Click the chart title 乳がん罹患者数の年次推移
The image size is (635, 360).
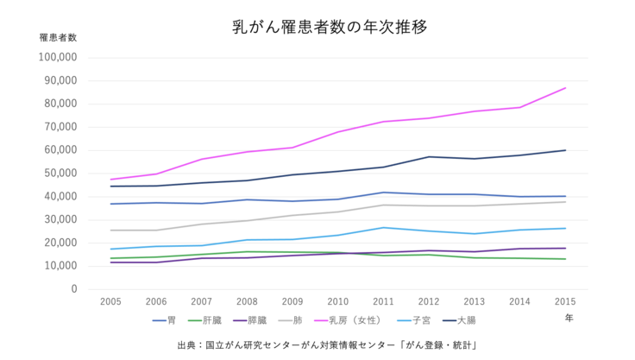[317, 26]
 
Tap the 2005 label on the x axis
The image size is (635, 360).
[110, 301]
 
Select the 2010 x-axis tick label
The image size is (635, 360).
[337, 301]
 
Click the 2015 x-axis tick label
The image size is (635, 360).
[564, 301]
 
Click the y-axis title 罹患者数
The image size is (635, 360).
[58, 38]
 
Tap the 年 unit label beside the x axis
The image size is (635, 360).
[569, 318]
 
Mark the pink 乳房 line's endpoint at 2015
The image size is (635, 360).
[565, 88]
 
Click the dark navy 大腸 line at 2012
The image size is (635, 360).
[429, 157]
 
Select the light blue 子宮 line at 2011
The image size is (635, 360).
[383, 228]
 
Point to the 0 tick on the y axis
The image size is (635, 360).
[74, 288]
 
